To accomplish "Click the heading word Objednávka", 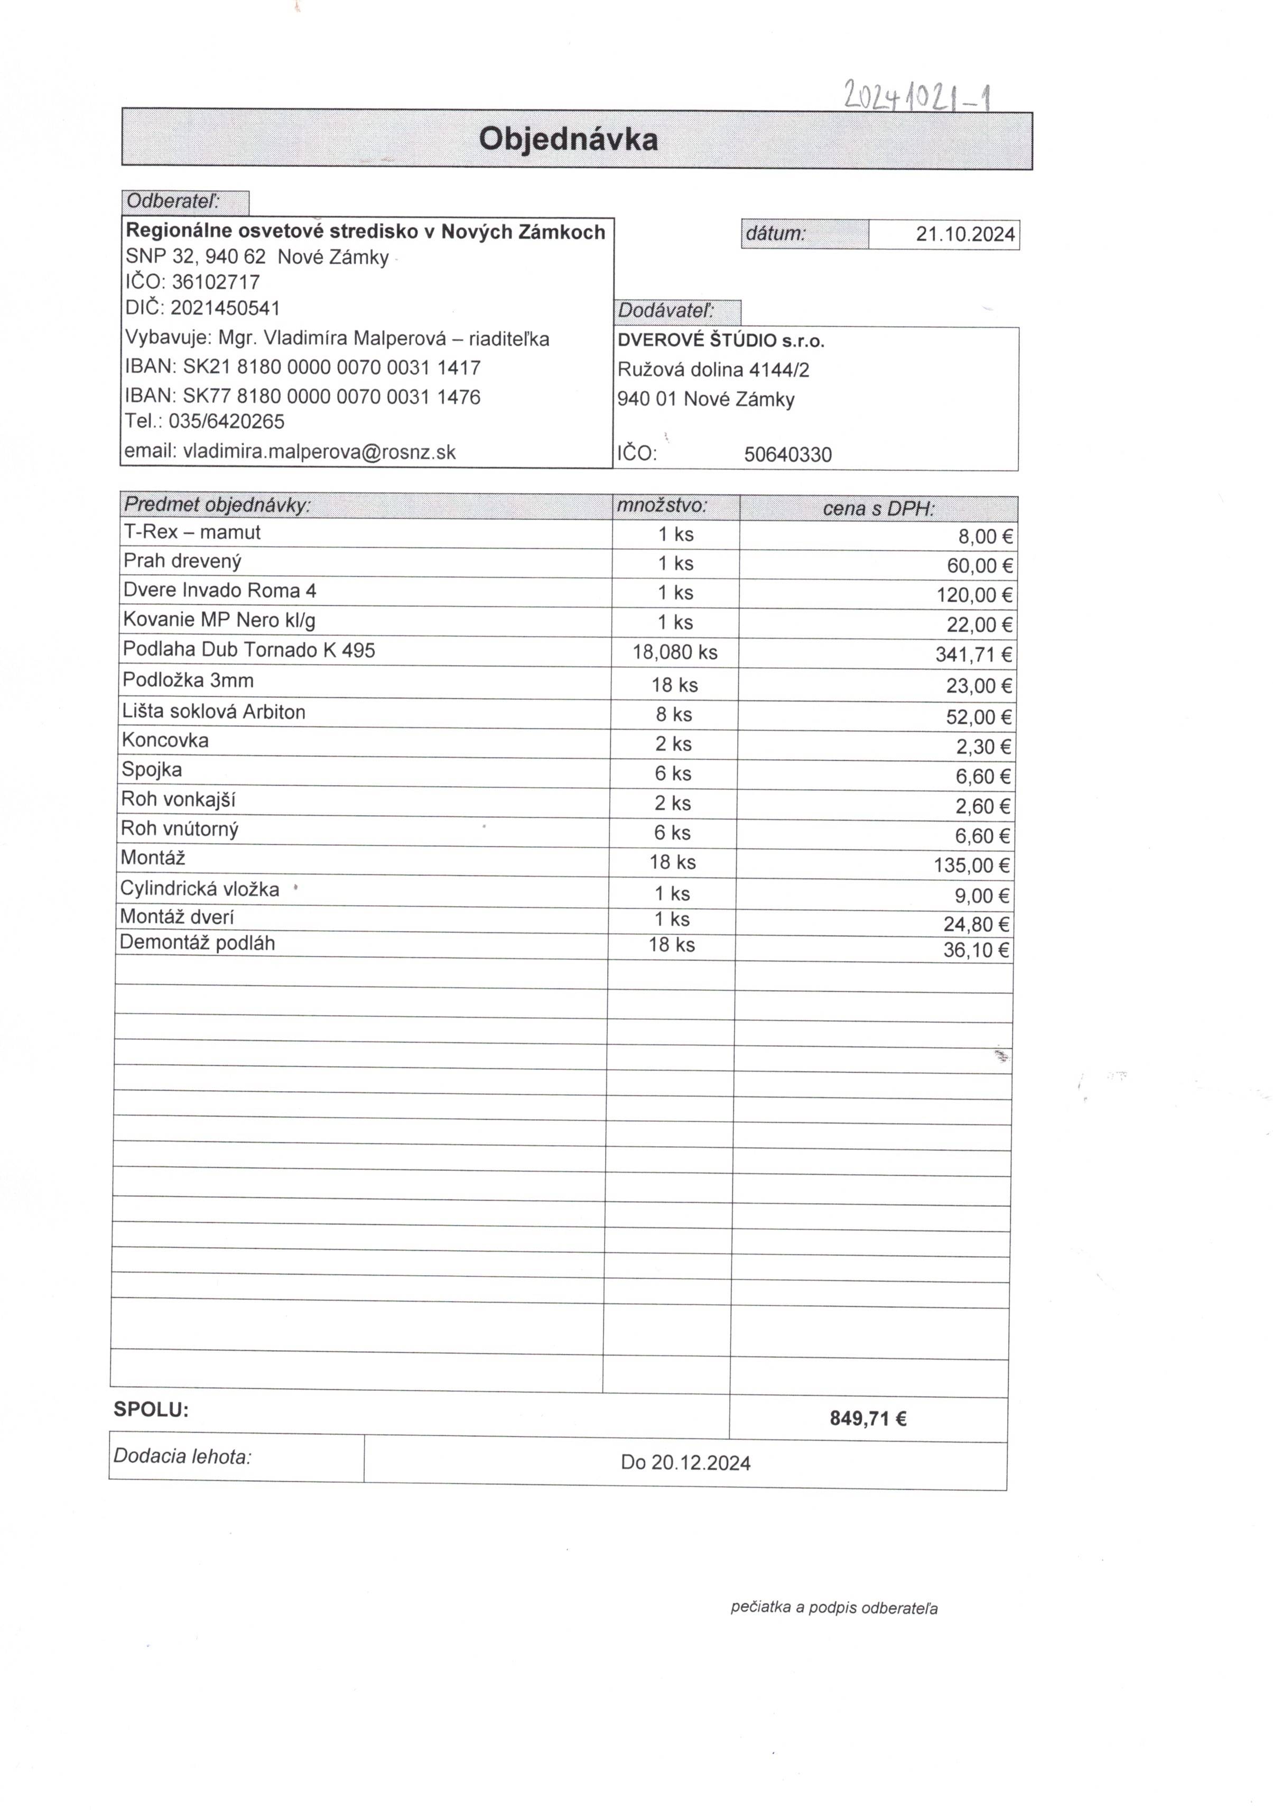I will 568,139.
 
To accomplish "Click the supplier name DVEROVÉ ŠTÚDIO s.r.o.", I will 721,341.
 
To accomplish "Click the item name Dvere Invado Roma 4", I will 219,591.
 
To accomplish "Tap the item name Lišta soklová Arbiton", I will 213,712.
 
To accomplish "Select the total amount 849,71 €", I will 868,1419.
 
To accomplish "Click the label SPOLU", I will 151,1409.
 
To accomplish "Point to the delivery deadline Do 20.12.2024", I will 685,1462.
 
